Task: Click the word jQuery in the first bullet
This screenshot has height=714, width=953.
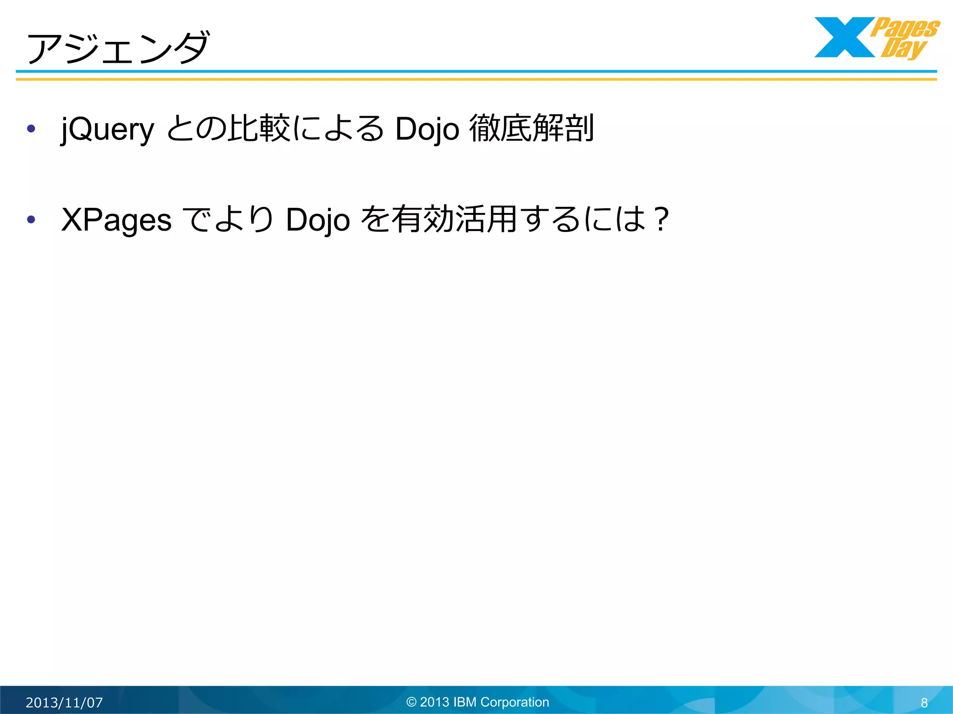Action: coord(107,129)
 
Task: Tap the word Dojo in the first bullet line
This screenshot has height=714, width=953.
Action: coord(427,129)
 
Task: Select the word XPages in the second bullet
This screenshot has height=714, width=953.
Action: coord(116,220)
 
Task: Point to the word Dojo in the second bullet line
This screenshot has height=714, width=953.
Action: coord(318,220)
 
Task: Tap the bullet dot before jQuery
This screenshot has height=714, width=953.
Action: coord(31,128)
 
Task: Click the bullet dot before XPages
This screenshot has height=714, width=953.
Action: coord(31,219)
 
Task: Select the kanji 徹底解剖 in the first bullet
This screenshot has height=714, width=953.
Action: coord(531,128)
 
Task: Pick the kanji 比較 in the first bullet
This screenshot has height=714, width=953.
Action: coord(259,128)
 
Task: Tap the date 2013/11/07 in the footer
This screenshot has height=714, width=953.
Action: coord(64,702)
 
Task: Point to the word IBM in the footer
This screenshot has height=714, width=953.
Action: coord(465,702)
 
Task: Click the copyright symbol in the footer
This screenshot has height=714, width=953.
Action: coord(411,702)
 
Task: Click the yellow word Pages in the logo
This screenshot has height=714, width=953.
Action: coord(905,28)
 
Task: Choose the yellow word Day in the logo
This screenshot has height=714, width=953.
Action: coord(903,48)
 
